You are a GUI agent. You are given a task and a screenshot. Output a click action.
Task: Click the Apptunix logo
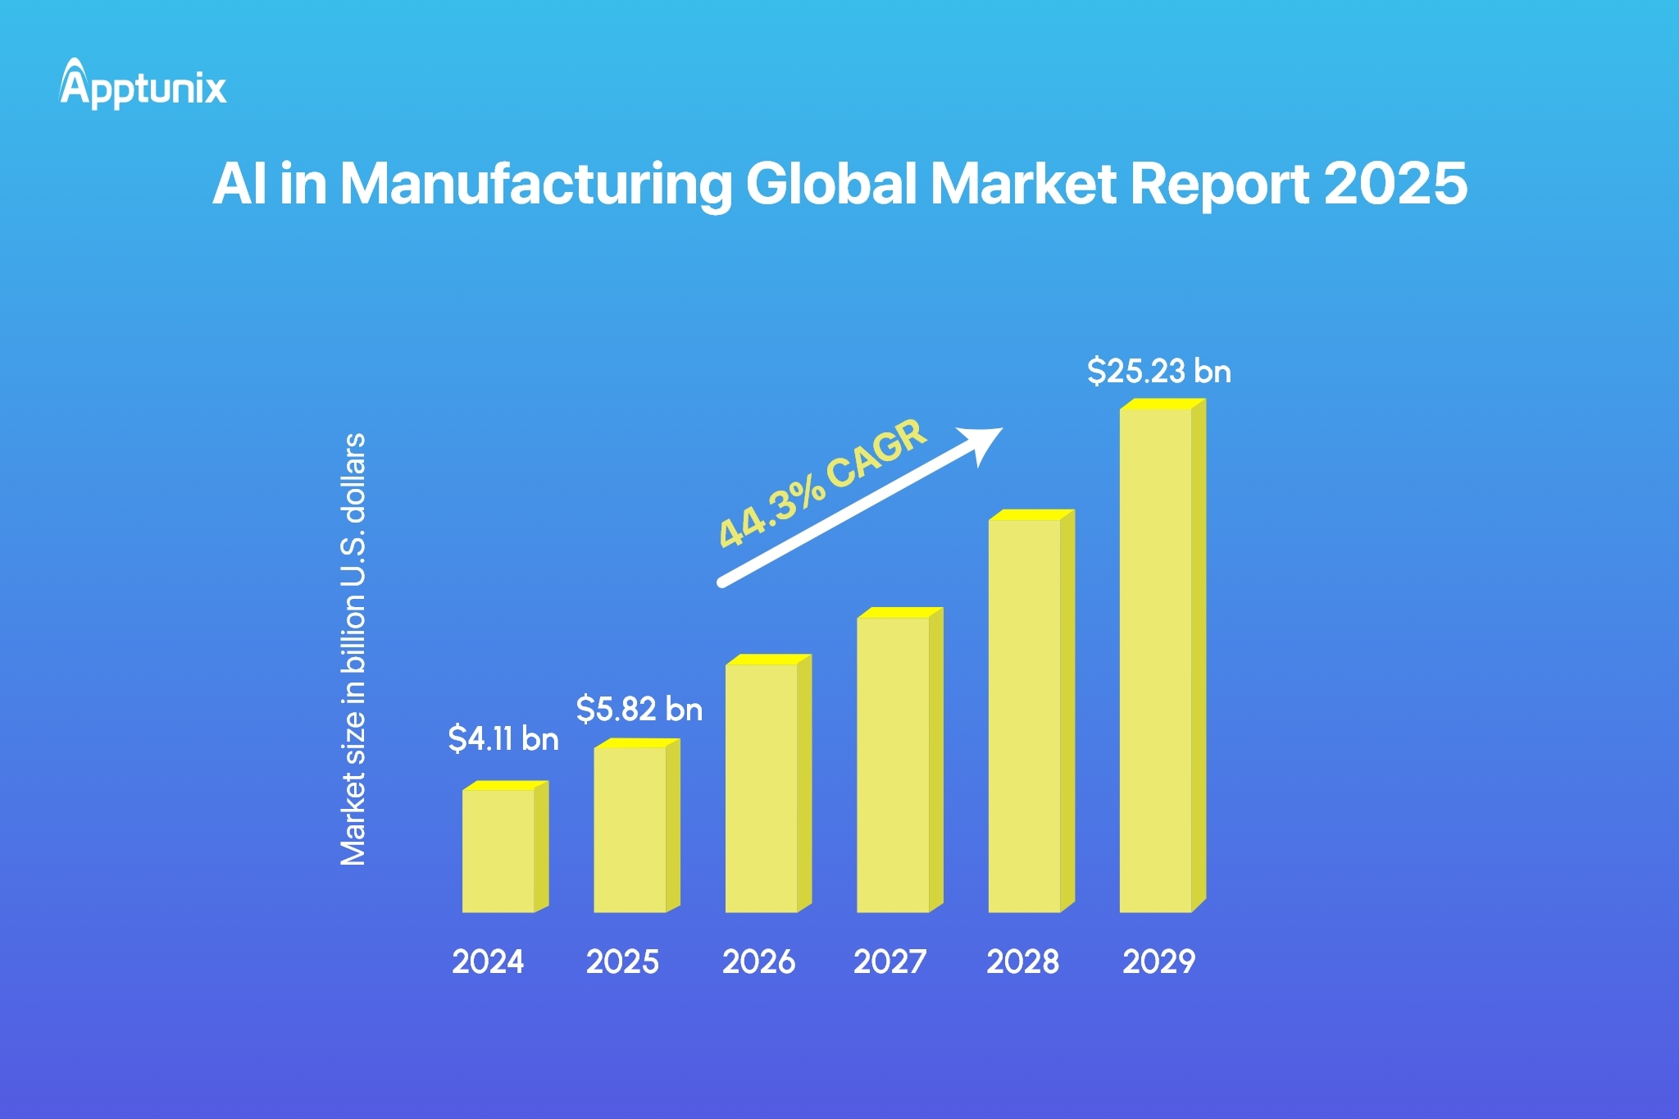[x=143, y=85]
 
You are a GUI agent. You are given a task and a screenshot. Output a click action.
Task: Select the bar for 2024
[x=498, y=850]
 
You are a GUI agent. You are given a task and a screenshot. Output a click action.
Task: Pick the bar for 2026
[x=762, y=787]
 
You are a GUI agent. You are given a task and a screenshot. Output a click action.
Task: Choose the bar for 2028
[x=1025, y=715]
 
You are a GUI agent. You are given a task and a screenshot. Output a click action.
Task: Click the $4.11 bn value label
[x=503, y=739]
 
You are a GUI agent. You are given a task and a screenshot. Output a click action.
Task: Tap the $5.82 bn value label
[x=639, y=710]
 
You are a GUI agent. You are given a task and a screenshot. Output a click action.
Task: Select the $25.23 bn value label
[x=1158, y=372]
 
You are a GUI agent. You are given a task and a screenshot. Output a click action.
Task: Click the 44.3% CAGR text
[x=822, y=483]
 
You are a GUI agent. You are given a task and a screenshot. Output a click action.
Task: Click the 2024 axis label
[x=488, y=961]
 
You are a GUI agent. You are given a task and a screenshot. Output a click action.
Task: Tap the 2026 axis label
[x=758, y=961]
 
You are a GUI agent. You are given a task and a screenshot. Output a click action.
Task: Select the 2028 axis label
[x=1022, y=961]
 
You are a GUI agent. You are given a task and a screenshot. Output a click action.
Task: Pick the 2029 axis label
[x=1158, y=961]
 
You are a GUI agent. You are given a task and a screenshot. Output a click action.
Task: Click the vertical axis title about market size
[x=353, y=649]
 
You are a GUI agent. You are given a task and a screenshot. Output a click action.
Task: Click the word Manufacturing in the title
[x=535, y=184]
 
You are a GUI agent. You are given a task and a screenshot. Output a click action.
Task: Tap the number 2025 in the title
[x=1395, y=184]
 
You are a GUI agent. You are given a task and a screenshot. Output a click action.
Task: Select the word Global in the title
[x=830, y=184]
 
